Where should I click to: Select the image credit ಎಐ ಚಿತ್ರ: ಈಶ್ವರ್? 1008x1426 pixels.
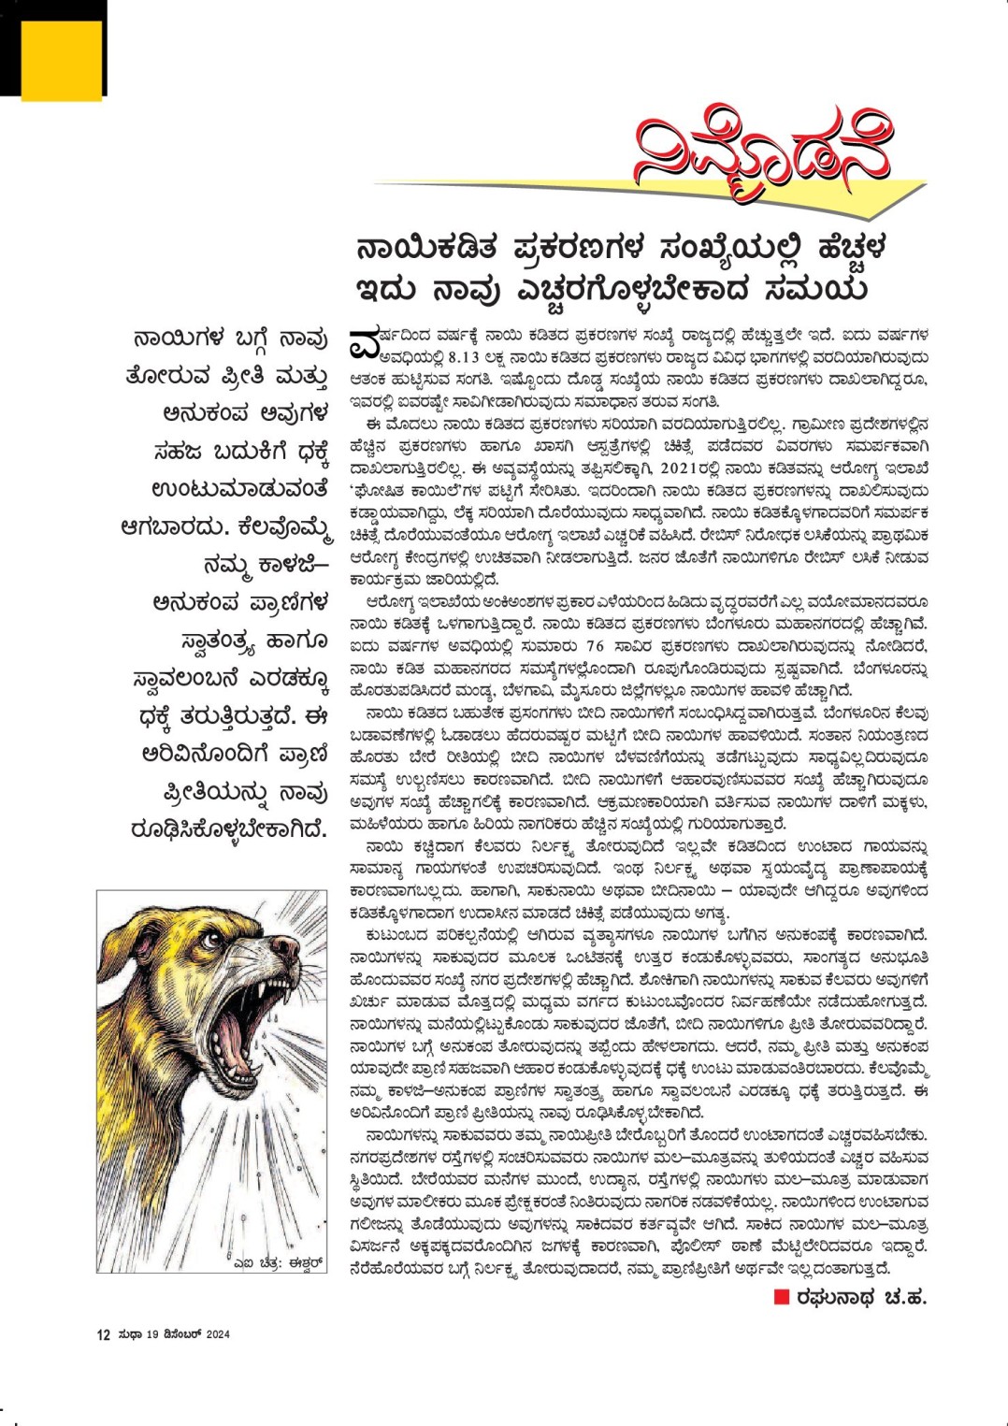[x=278, y=1261]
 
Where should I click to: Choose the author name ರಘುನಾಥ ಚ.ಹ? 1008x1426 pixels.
[x=861, y=1297]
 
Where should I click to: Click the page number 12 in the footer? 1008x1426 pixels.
[x=103, y=1334]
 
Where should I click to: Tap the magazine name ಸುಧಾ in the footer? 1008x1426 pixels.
[x=129, y=1334]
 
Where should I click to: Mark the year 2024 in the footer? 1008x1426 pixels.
[x=218, y=1334]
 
